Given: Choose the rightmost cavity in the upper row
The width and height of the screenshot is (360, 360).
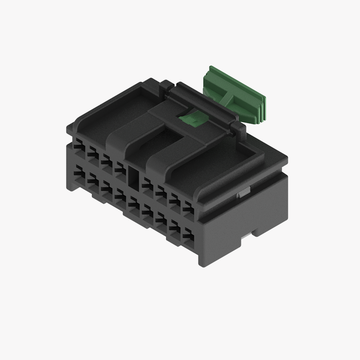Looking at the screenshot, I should (x=189, y=206).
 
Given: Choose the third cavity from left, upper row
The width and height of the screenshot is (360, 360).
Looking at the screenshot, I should (x=107, y=160).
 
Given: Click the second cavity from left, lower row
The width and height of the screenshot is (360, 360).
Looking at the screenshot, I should (x=92, y=182).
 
